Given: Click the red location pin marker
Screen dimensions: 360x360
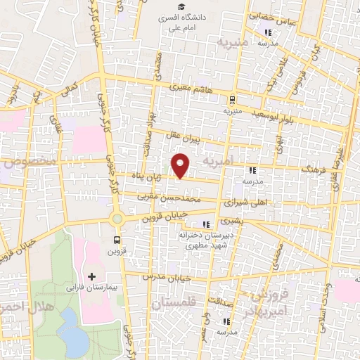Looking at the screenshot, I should coord(181,165).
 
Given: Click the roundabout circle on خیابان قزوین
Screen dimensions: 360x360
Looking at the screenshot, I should coord(117,219).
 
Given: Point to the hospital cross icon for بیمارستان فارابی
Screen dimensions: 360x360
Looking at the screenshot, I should coord(91,276).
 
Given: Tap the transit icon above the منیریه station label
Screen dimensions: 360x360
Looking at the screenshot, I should coord(231,99).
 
